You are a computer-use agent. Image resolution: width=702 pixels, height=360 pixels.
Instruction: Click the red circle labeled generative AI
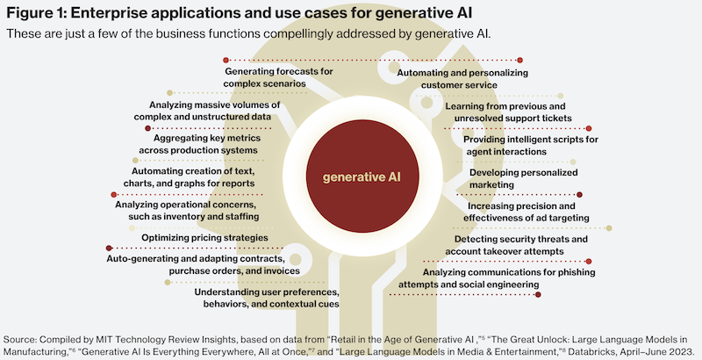pyautogui.click(x=362, y=176)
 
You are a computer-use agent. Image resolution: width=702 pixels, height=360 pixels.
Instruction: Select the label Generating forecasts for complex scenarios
pyautogui.click(x=278, y=77)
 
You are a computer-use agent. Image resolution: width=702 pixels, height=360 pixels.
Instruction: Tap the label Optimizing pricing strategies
pyautogui.click(x=204, y=238)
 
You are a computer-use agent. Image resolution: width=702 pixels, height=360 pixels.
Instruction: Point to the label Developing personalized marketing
pyautogui.click(x=523, y=178)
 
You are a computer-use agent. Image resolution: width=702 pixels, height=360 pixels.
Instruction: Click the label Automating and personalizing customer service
pyautogui.click(x=462, y=79)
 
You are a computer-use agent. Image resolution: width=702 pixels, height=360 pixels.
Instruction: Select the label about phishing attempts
pyautogui.click(x=497, y=278)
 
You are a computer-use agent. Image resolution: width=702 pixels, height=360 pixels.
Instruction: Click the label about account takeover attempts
pyautogui.click(x=516, y=245)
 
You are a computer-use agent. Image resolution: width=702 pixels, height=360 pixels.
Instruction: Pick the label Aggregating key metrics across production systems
pyautogui.click(x=198, y=144)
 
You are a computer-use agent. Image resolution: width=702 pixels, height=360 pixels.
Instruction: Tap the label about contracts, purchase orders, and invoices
pyautogui.click(x=204, y=264)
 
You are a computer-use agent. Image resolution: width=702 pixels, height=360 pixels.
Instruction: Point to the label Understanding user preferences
pyautogui.click(x=267, y=299)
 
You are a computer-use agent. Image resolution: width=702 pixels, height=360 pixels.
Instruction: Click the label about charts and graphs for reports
pyautogui.click(x=189, y=177)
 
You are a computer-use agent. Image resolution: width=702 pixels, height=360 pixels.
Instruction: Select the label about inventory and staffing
pyautogui.click(x=187, y=211)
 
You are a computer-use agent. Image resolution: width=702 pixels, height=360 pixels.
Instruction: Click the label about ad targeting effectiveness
pyautogui.click(x=526, y=212)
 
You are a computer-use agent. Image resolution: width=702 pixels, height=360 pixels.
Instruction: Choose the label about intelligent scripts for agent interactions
pyautogui.click(x=531, y=146)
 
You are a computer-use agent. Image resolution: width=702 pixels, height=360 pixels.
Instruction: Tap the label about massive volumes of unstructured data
pyautogui.click(x=207, y=111)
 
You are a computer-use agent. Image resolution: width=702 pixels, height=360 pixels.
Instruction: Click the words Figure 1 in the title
pyautogui.click(x=36, y=12)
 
